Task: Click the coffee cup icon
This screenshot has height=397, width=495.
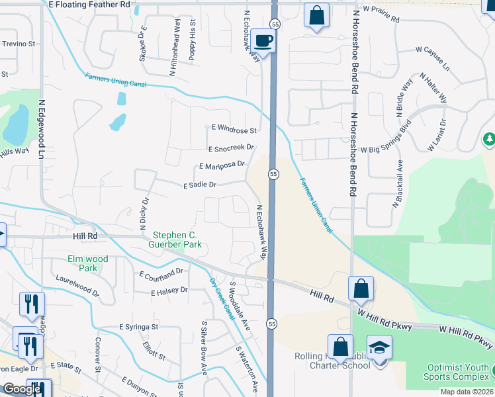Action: click(x=263, y=41)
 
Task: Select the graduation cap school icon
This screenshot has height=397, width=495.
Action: click(x=380, y=347)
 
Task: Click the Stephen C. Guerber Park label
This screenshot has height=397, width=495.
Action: click(x=177, y=240)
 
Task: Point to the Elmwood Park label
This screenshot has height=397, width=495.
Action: click(x=87, y=263)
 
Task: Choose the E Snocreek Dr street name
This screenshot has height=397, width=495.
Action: click(x=230, y=149)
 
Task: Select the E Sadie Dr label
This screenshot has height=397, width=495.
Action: click(x=200, y=186)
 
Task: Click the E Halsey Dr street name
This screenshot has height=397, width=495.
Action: click(x=170, y=292)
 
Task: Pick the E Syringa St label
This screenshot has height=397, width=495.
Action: click(x=139, y=327)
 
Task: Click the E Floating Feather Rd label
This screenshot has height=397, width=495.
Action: click(x=90, y=5)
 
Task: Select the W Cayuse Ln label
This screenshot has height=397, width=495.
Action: click(x=432, y=59)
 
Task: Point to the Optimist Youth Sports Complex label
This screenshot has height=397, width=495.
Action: click(x=459, y=371)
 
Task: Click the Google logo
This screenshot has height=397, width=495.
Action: click(x=22, y=389)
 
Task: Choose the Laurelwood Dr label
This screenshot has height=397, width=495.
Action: click(x=77, y=285)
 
